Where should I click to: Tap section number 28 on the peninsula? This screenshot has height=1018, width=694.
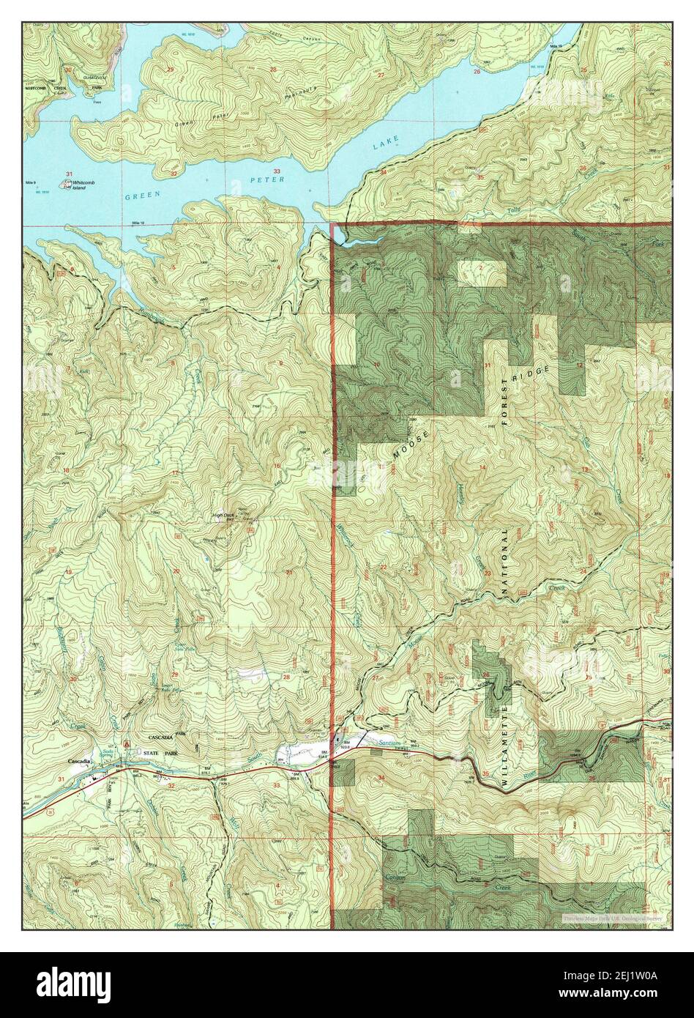click(273, 70)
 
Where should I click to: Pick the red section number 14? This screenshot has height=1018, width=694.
click(482, 467)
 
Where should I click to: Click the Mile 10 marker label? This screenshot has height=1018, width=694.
click(138, 222)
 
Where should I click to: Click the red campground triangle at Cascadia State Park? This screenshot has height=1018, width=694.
click(125, 743)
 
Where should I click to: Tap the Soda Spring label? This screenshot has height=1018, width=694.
click(109, 754)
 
